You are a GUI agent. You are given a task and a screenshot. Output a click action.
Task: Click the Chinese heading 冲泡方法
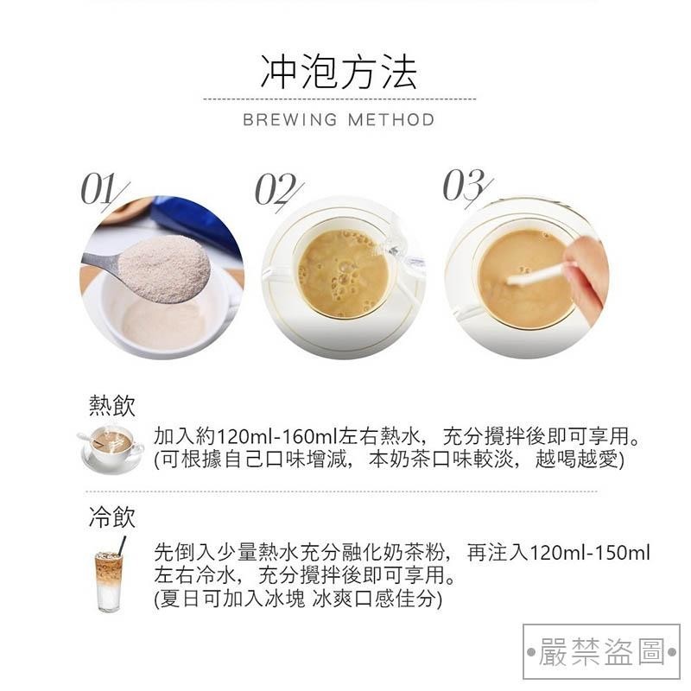click(339, 73)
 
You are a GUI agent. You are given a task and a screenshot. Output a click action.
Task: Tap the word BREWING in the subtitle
click(289, 120)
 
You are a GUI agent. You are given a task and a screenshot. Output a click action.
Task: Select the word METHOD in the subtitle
click(391, 120)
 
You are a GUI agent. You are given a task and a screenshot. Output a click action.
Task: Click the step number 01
click(104, 190)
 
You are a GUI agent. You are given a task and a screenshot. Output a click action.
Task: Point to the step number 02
click(278, 190)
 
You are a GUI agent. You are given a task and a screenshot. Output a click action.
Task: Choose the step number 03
click(466, 187)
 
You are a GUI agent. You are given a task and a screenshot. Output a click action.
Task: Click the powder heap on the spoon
click(164, 268)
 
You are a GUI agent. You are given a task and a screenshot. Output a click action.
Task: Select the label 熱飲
click(112, 405)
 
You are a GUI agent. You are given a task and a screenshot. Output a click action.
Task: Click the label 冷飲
click(112, 517)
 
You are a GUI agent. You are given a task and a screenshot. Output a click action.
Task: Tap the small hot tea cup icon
click(112, 447)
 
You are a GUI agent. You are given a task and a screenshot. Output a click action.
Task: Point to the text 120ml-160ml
click(277, 437)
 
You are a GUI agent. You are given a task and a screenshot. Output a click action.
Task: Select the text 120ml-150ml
click(590, 553)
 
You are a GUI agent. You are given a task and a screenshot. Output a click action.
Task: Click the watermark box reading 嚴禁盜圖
click(601, 651)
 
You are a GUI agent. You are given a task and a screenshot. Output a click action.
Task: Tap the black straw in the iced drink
click(121, 547)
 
